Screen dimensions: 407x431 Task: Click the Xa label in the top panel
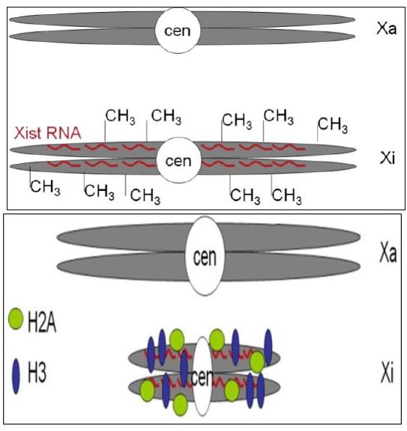[387, 28]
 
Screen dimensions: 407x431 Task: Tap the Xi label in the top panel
[388, 158]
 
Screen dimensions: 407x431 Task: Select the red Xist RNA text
[48, 133]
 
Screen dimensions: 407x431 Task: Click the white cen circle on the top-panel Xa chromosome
[178, 30]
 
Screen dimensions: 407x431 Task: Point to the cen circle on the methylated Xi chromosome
[178, 160]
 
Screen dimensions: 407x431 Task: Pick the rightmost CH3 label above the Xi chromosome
[333, 125]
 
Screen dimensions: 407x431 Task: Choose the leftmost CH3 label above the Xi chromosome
[121, 117]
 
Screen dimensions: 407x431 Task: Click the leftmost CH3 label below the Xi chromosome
[45, 188]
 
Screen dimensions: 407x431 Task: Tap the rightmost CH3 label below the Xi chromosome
[286, 196]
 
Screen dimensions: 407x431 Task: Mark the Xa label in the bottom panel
[388, 253]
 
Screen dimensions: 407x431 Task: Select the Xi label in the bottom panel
[388, 373]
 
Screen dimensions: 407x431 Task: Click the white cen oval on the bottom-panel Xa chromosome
[205, 256]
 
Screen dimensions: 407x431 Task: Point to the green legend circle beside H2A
[16, 319]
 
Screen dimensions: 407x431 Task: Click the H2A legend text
[42, 323]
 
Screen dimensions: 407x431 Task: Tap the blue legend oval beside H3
[16, 376]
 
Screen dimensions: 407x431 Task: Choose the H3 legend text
[37, 373]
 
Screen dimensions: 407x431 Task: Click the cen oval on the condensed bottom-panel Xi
[202, 376]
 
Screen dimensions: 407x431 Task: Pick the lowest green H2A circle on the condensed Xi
[181, 404]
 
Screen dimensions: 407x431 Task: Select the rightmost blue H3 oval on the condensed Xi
[268, 347]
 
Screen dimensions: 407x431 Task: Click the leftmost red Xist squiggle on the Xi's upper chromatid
[64, 148]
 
